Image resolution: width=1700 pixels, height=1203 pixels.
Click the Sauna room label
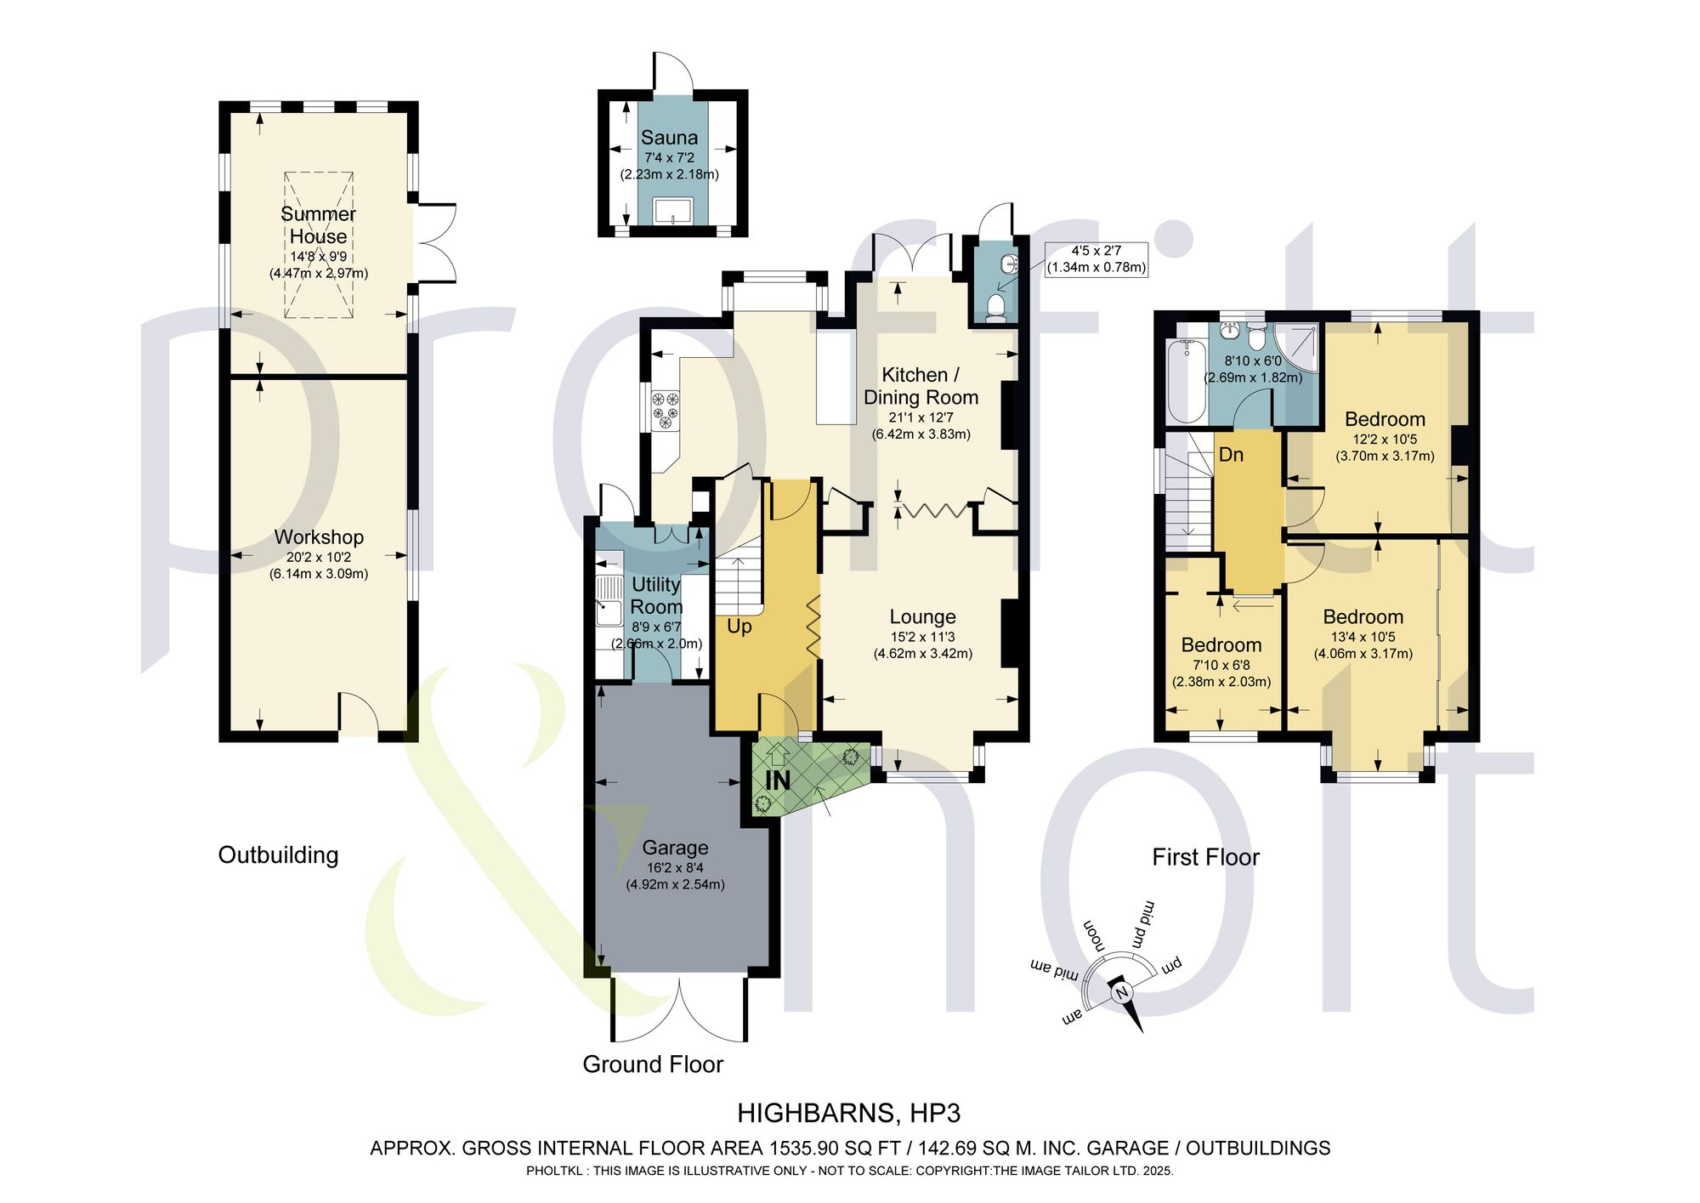click(x=669, y=138)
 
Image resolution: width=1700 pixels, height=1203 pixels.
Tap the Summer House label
click(x=318, y=225)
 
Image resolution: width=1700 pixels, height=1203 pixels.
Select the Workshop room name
click(x=319, y=537)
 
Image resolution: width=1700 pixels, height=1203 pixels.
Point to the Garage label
click(x=675, y=848)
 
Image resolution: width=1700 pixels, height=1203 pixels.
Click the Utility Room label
click(x=656, y=595)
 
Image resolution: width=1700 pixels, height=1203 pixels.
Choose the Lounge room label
click(x=922, y=617)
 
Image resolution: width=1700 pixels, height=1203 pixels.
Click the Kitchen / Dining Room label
click(x=921, y=386)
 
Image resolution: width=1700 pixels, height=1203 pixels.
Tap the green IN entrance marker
click(x=778, y=780)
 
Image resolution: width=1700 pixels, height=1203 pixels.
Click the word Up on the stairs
click(x=739, y=627)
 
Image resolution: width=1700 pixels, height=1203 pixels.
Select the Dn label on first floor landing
click(x=1231, y=455)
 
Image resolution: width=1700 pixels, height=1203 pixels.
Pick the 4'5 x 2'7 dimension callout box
click(x=1096, y=259)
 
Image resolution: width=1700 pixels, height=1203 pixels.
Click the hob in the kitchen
click(x=666, y=409)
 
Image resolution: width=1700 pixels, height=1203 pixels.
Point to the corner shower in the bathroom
click(x=1298, y=349)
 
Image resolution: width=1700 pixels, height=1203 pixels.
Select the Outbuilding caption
click(x=278, y=855)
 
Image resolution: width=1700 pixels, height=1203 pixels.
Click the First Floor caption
click(x=1205, y=857)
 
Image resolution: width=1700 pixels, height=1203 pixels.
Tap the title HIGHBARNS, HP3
click(x=848, y=1113)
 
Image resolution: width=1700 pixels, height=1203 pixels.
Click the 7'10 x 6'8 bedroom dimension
click(x=1221, y=665)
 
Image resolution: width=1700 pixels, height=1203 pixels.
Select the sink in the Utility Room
click(x=609, y=600)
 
